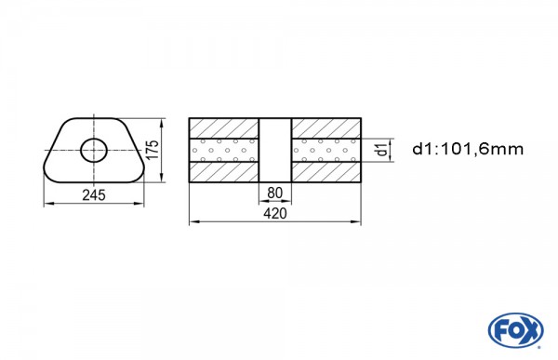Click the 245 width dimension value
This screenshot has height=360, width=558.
[94, 195]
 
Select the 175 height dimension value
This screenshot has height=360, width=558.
[153, 150]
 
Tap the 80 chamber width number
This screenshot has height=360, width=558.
[274, 193]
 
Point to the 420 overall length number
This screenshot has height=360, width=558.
[275, 213]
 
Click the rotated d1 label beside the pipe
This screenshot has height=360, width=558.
[382, 149]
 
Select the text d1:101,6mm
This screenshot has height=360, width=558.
[468, 149]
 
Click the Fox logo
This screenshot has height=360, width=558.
[515, 330]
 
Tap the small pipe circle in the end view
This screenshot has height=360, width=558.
[94, 150]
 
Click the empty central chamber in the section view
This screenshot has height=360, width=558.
[275, 150]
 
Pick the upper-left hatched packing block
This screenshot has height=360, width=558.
[224, 128]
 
